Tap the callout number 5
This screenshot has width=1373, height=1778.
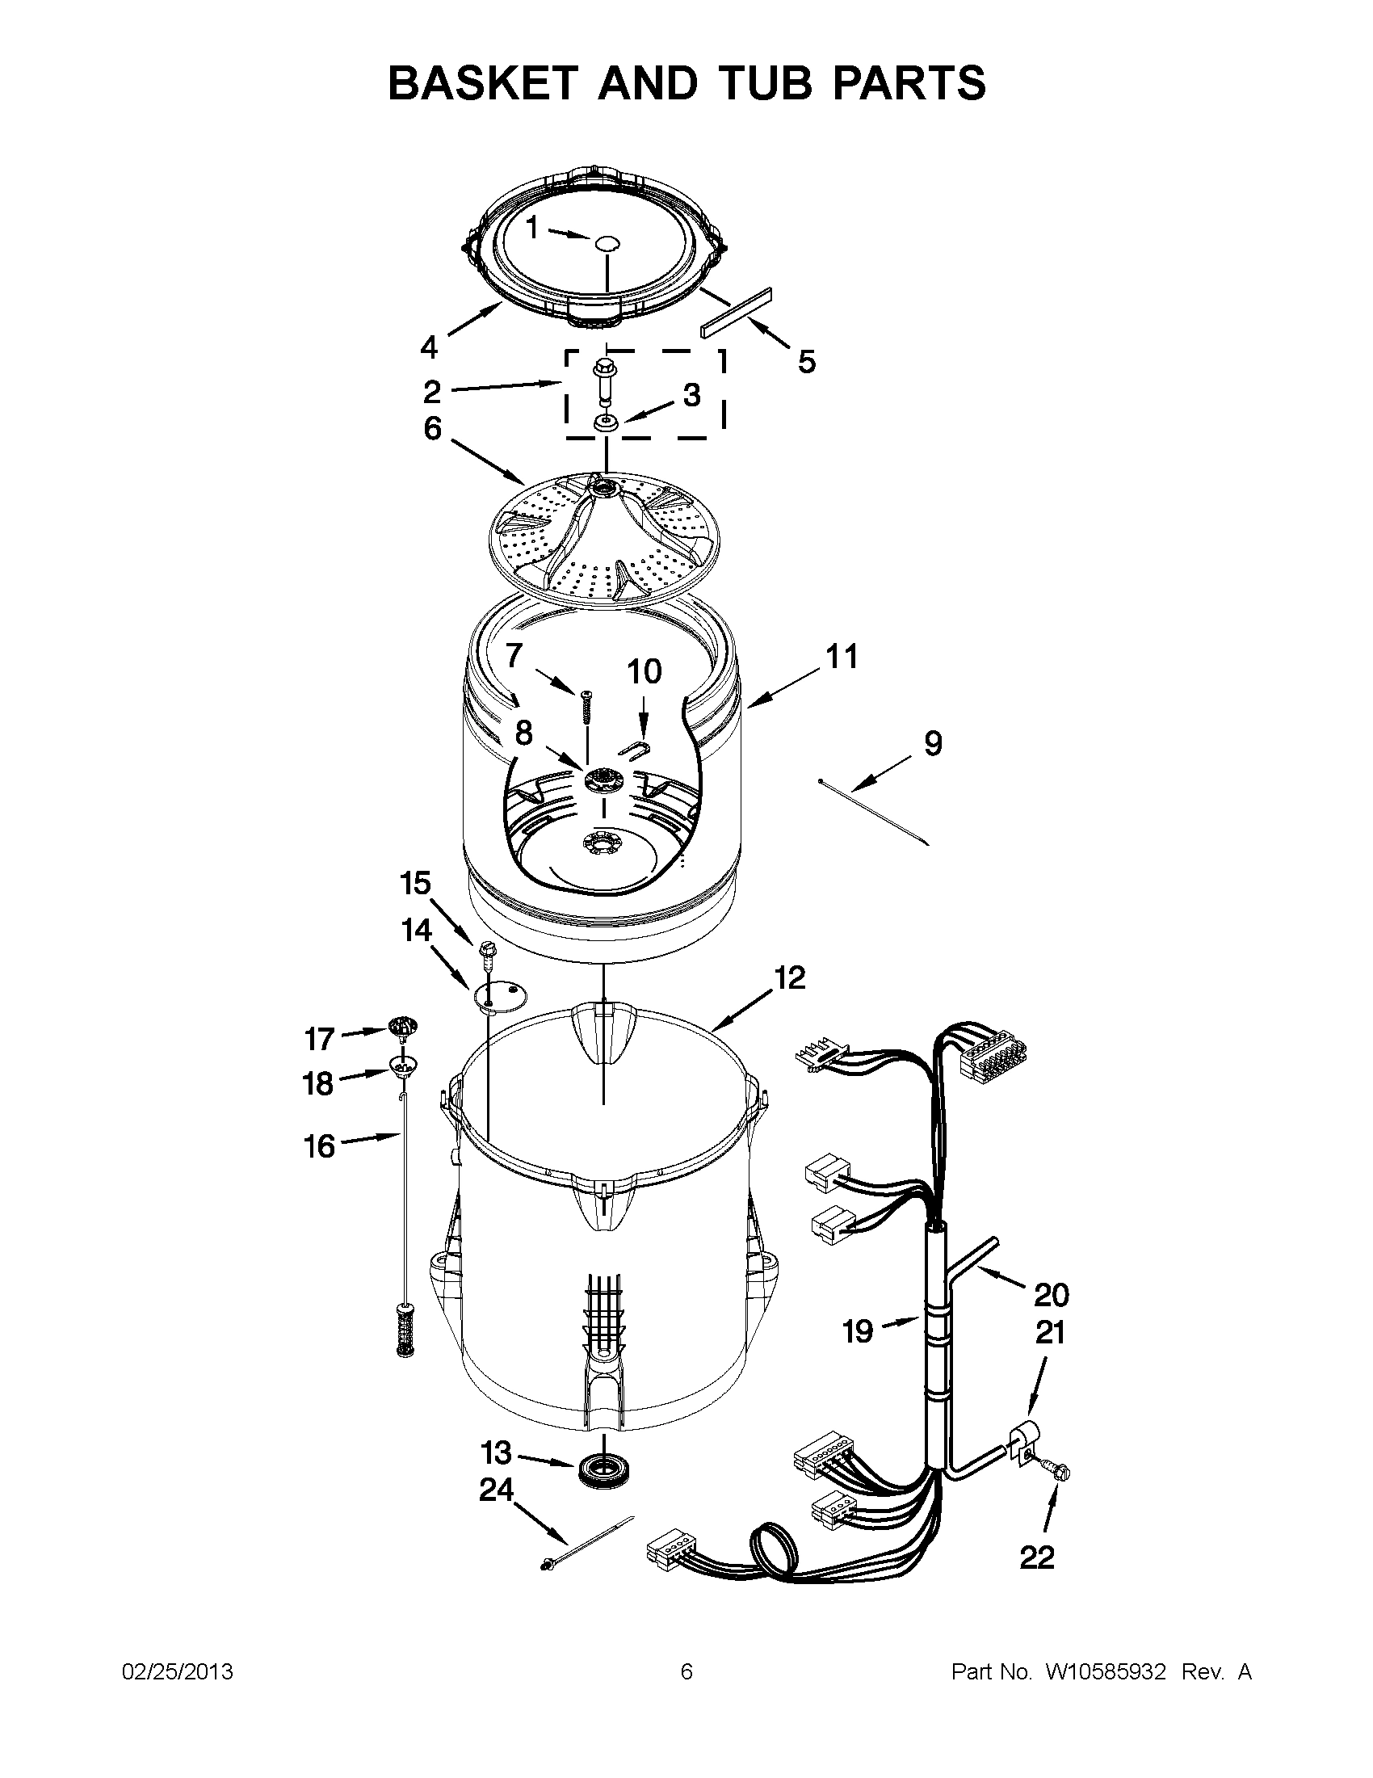[806, 361]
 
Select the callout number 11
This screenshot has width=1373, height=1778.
[842, 656]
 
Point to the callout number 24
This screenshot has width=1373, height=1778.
[496, 1489]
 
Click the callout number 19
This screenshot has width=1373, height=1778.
[858, 1332]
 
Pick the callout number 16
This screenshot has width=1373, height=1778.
[320, 1146]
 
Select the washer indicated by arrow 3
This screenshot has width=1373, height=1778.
[604, 422]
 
